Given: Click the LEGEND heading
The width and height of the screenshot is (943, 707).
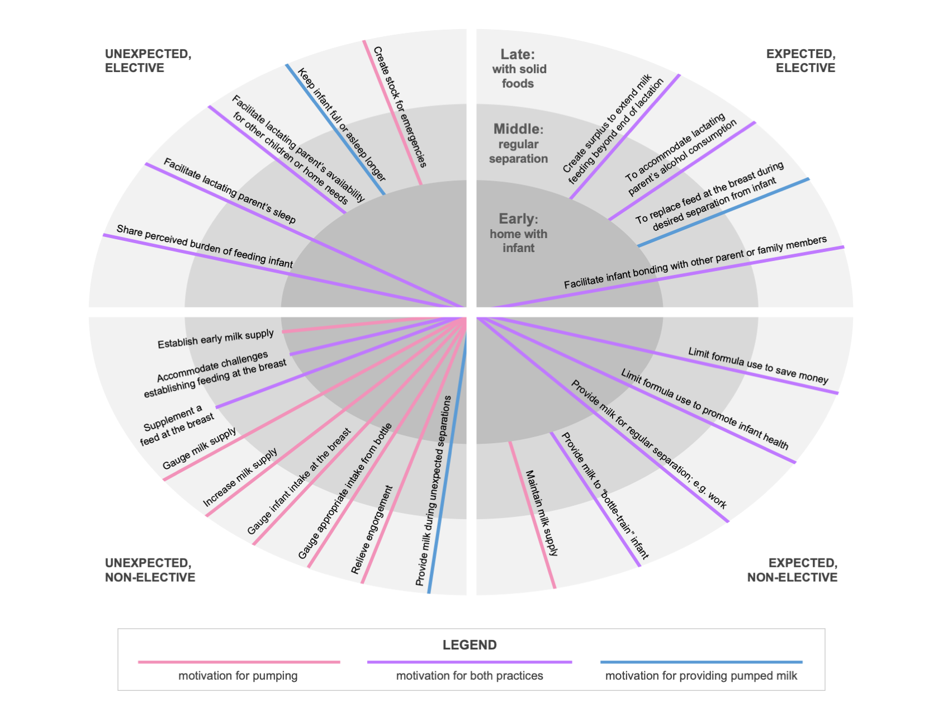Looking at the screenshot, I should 470,645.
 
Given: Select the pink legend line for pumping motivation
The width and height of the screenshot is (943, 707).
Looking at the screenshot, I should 239,662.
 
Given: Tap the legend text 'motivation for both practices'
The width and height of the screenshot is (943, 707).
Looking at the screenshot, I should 470,676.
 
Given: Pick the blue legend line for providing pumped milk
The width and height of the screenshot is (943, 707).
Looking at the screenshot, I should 701,662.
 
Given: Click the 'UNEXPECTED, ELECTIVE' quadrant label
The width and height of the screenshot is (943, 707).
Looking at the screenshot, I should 148,61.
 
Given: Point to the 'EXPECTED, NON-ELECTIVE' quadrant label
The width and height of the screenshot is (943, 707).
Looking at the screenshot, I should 792,570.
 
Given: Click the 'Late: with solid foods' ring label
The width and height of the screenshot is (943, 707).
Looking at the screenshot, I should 518,69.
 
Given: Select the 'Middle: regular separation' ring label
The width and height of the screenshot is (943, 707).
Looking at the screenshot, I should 518,144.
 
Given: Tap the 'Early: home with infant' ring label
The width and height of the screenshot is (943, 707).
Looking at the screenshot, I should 518,233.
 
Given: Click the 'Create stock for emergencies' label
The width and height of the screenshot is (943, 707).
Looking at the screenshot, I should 400,107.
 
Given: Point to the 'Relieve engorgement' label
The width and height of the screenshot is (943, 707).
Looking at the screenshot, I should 372,529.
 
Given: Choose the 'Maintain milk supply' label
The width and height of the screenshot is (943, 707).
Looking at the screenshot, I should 541,513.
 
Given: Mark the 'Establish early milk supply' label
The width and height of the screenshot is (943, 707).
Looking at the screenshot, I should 215,339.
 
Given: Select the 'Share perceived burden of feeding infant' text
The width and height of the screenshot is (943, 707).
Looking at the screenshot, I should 205,246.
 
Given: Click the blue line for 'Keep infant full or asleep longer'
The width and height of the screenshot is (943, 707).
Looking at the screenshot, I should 335,130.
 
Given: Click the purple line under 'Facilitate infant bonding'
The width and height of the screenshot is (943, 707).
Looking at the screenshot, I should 671,277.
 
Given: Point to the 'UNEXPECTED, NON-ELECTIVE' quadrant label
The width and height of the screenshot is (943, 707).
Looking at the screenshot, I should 150,570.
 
